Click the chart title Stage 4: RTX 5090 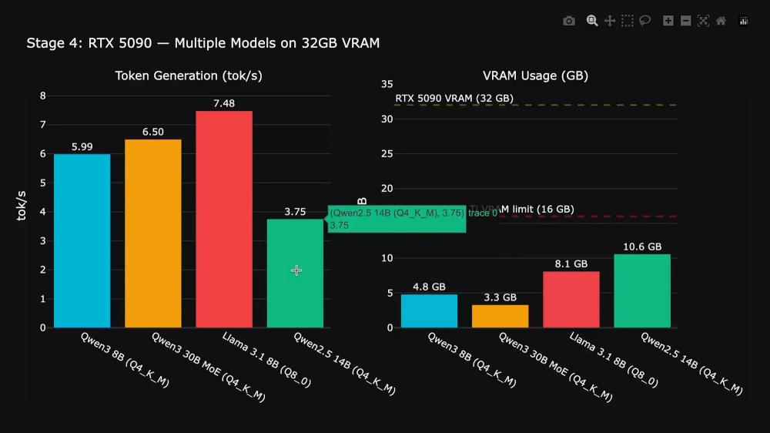pyautogui.click(x=203, y=43)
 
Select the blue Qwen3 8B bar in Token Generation pyautogui.click(x=82, y=240)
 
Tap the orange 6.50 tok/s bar pyautogui.click(x=152, y=233)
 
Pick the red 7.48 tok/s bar pyautogui.click(x=223, y=220)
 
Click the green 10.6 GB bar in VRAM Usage pyautogui.click(x=642, y=290)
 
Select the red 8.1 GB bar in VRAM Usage pyautogui.click(x=571, y=299)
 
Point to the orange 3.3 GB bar pyautogui.click(x=500, y=316)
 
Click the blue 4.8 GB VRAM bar pyautogui.click(x=429, y=310)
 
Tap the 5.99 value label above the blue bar pyautogui.click(x=82, y=147)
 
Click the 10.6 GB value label pyautogui.click(x=642, y=247)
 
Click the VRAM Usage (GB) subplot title pyautogui.click(x=535, y=76)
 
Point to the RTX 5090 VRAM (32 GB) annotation pyautogui.click(x=454, y=99)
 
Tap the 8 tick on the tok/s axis pyautogui.click(x=43, y=96)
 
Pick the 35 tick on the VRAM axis pyautogui.click(x=387, y=84)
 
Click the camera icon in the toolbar pyautogui.click(x=569, y=21)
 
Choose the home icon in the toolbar pyautogui.click(x=721, y=21)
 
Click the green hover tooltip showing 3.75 pyautogui.click(x=397, y=219)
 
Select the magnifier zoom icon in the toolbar pyautogui.click(x=592, y=21)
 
